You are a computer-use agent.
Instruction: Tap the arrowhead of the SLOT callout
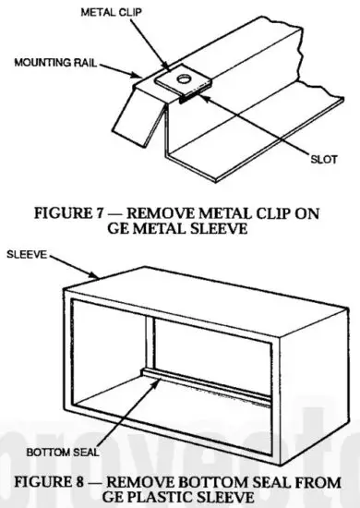point(202,96)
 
